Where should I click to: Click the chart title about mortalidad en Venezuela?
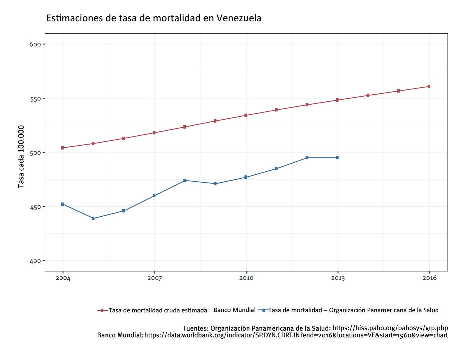pos(153,18)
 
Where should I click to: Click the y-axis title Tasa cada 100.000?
pos(21,156)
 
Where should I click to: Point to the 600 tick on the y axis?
pos(35,44)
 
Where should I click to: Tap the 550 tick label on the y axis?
pos(35,99)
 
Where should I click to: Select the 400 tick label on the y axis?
pos(35,261)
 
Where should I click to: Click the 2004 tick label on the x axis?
pos(63,278)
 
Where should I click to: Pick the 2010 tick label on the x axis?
pos(246,278)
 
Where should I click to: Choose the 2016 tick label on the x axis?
pos(429,278)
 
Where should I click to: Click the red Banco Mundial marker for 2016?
pos(429,86)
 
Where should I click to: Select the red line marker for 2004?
pos(63,148)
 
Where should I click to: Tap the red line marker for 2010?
pos(246,115)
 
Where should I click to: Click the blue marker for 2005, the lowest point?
pos(93,218)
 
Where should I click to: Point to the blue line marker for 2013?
pos(337,158)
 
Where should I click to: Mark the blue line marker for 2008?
pos(184,180)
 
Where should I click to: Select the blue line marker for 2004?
pos(63,204)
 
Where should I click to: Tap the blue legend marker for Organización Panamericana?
pos(264,310)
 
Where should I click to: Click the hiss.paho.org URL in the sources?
pos(390,328)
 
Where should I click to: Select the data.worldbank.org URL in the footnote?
pos(296,335)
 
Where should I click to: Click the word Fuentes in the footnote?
pos(195,328)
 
